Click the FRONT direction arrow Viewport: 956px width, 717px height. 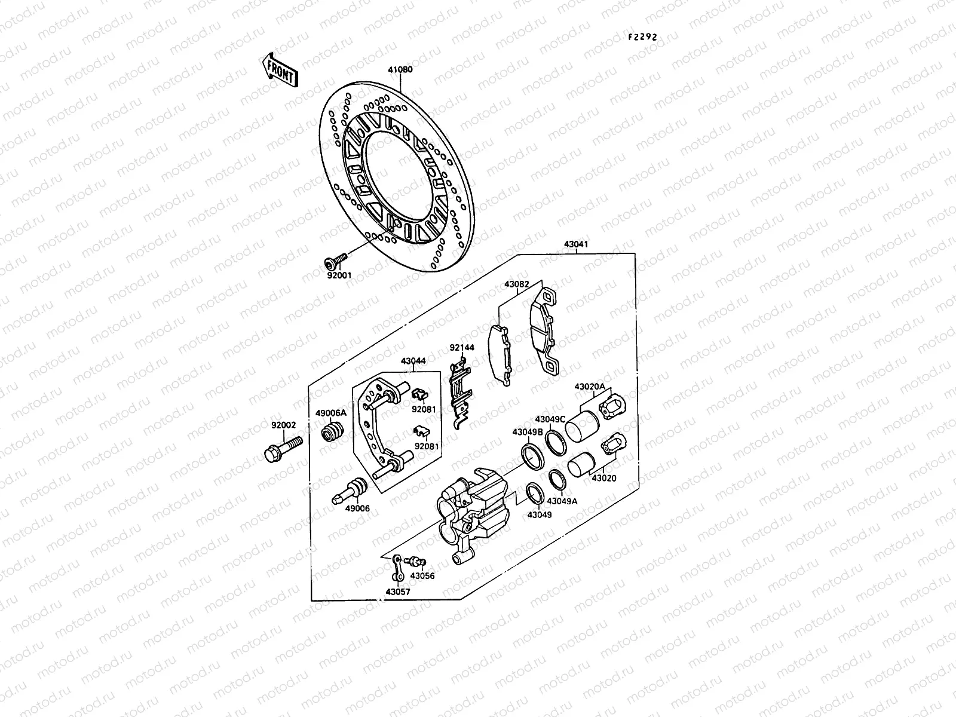[x=280, y=70]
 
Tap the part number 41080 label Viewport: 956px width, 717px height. [x=400, y=69]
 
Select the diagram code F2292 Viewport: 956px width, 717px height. [x=642, y=38]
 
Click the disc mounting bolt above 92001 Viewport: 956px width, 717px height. [x=335, y=261]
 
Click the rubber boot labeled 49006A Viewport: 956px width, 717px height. [x=332, y=430]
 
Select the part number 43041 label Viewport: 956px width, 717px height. [x=576, y=244]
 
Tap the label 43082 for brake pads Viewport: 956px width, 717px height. [x=517, y=284]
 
